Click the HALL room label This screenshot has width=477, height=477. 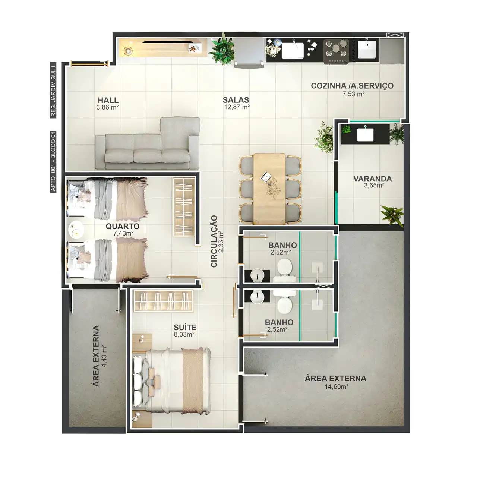click(108, 100)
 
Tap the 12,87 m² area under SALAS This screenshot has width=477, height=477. click(237, 107)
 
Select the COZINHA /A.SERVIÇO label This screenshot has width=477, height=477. click(352, 86)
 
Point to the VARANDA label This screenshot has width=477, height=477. click(373, 179)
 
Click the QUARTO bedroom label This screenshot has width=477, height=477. click(123, 226)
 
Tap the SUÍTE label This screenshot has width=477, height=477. click(185, 327)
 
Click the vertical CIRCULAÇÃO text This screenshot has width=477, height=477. click(214, 241)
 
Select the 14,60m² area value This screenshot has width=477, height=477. click(337, 386)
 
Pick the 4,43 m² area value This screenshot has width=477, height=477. click(104, 356)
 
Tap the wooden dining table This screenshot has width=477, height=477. click(269, 189)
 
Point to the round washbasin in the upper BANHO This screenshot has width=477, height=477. click(257, 275)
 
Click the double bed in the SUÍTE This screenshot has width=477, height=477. click(172, 380)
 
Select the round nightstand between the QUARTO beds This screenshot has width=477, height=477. click(75, 230)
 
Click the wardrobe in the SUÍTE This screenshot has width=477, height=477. click(163, 301)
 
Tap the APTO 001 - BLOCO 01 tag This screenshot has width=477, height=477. click(53, 162)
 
